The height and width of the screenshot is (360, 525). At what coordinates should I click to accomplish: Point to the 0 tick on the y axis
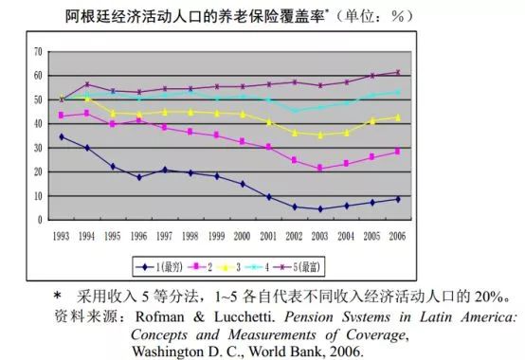39,220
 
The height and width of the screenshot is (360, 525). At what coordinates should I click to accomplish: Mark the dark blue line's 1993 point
62,136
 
